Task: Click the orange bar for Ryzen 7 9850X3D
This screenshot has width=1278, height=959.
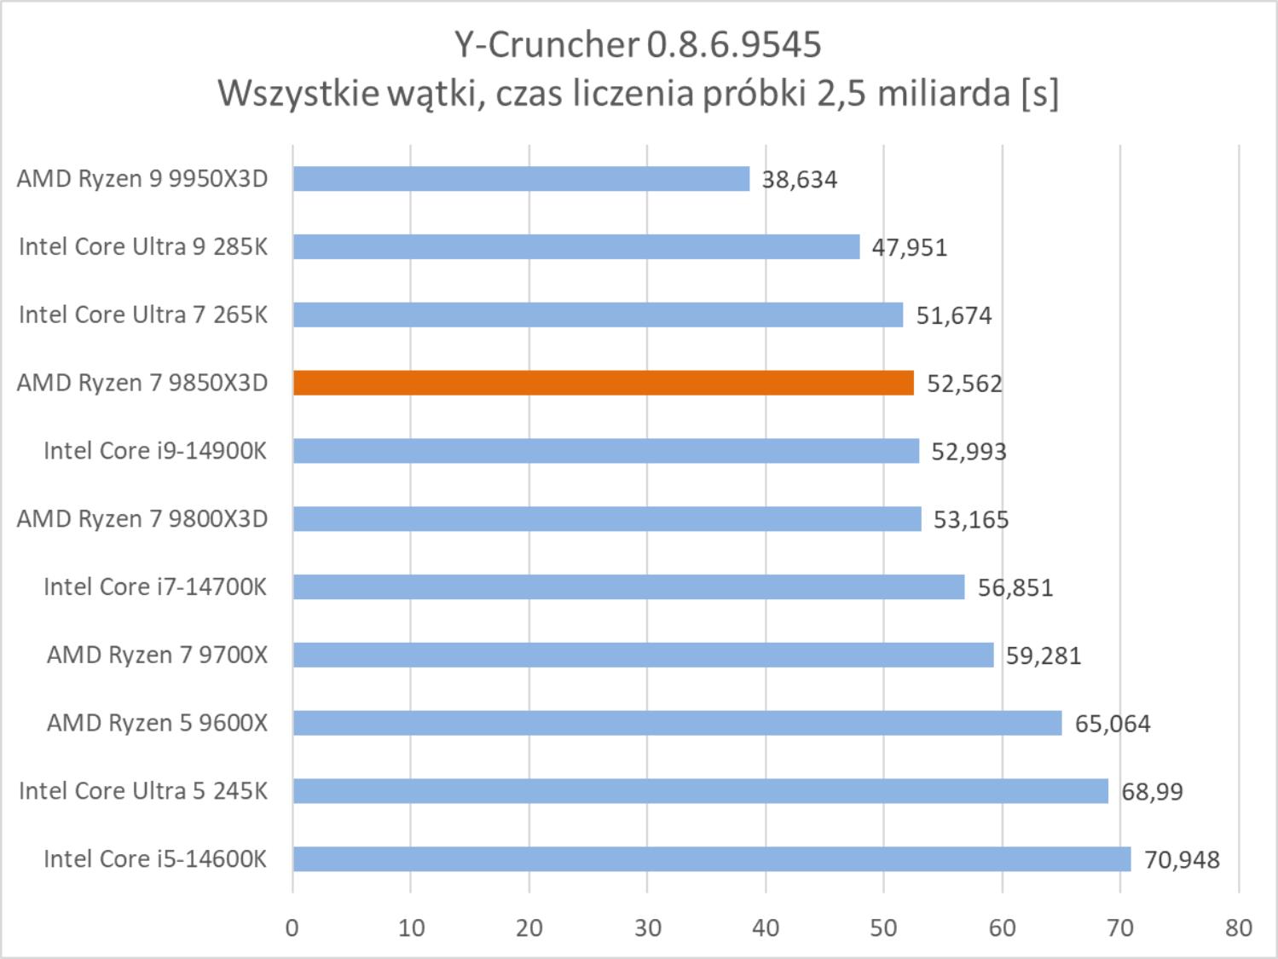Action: click(603, 383)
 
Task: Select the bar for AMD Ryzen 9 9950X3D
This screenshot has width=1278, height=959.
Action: click(521, 179)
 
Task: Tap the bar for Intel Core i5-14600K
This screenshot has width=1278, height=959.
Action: click(712, 859)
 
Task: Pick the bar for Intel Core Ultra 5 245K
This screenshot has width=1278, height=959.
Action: click(700, 791)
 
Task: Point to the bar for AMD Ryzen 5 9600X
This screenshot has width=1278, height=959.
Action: click(677, 723)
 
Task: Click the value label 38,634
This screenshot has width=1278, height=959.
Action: click(799, 180)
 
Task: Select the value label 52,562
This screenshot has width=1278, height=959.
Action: click(964, 384)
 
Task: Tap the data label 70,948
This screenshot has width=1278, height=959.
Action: click(1182, 860)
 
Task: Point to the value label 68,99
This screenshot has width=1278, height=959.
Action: click(1152, 792)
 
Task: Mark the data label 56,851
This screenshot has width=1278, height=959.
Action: click(1015, 587)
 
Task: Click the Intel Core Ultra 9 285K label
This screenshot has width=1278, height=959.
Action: click(143, 246)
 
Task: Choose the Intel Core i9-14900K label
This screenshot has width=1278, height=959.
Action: click(155, 450)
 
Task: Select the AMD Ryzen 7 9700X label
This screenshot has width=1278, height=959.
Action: click(157, 655)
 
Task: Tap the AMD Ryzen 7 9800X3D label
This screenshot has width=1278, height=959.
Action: click(142, 518)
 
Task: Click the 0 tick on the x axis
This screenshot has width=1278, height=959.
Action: click(292, 927)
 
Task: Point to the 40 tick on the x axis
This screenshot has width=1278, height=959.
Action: click(766, 927)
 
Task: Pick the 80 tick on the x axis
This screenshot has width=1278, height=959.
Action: click(1239, 927)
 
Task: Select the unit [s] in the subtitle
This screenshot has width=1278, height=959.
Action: click(1039, 93)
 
